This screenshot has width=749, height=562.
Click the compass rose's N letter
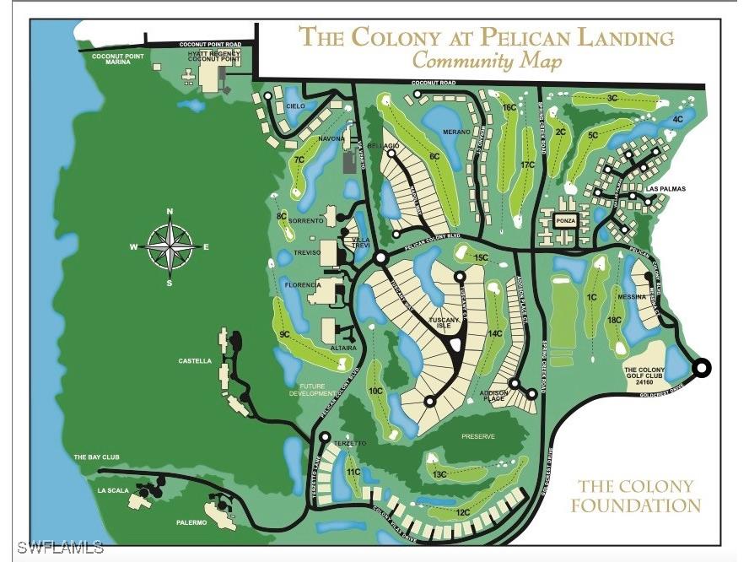170,212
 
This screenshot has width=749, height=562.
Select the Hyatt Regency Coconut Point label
214,57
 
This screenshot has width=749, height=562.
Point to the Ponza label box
564,221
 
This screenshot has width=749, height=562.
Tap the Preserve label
478,436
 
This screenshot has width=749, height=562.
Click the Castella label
195,361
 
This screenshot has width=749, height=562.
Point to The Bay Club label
91,457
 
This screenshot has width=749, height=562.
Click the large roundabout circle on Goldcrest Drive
702,367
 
